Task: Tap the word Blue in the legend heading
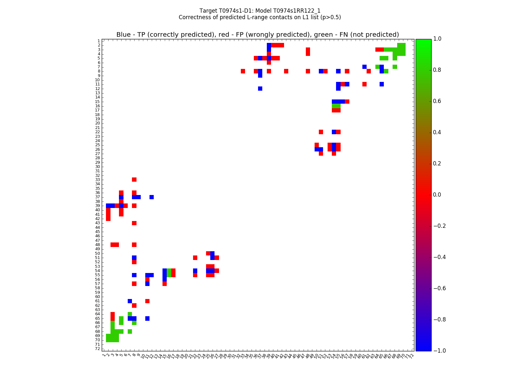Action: (x=123, y=35)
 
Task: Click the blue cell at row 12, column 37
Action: (x=260, y=88)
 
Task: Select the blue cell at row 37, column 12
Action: (x=151, y=197)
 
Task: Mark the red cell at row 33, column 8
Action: (x=134, y=179)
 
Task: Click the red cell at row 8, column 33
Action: (x=243, y=71)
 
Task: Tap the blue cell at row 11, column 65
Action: (x=382, y=84)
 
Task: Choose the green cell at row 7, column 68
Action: (x=395, y=67)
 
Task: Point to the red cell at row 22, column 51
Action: (x=321, y=132)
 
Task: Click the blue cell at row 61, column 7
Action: (x=130, y=301)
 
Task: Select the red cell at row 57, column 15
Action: (x=164, y=284)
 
